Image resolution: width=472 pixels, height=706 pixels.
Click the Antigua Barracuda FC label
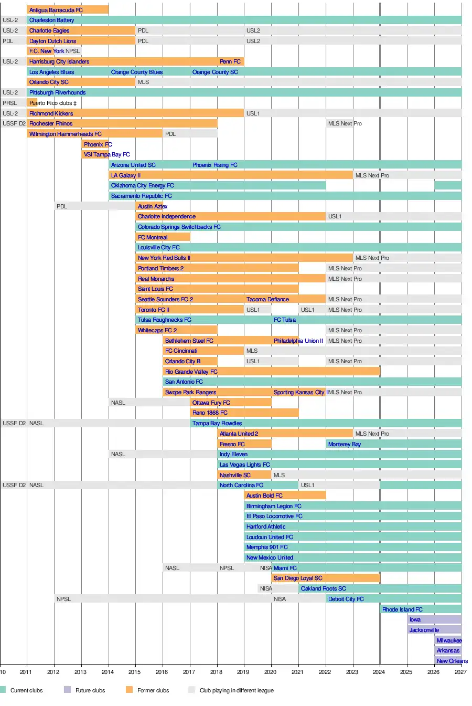coord(56,10)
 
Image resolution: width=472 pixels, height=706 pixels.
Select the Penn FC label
coord(230,61)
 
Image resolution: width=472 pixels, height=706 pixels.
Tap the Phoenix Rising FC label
coord(214,165)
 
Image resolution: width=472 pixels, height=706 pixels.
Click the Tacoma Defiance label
coord(267,299)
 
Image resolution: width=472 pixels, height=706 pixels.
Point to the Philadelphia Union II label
coord(298,341)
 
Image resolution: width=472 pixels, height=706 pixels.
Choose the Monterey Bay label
coord(344,444)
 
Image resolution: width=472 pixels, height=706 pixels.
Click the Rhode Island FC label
coord(402,609)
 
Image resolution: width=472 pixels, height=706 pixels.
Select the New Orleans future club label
coord(452,661)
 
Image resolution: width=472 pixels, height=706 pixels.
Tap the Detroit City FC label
coord(346,599)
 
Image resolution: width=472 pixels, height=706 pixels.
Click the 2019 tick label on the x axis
coord(243,672)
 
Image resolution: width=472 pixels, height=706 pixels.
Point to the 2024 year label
coord(379,672)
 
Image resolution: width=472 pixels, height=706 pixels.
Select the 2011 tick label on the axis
coord(26,672)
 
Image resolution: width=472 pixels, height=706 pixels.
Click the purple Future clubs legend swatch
coord(67,690)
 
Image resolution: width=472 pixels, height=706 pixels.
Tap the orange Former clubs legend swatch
coord(129,690)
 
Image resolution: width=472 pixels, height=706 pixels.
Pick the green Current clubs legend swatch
coord(3,690)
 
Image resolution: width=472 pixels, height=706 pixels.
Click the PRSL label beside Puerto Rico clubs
coord(9,103)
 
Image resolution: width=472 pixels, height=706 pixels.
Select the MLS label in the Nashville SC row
coord(279,475)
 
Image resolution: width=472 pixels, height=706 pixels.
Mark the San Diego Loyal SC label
coord(298,578)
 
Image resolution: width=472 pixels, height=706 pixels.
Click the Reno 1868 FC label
coord(210,413)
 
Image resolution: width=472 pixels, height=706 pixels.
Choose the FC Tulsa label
coord(284,320)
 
